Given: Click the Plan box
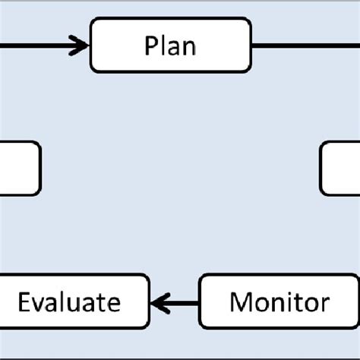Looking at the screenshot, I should [170, 46].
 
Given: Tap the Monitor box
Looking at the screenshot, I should [278, 303].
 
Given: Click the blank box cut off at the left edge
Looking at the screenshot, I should [19, 169].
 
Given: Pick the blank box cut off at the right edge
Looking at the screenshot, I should [340, 169].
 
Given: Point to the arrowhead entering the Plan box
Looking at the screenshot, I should [81, 46].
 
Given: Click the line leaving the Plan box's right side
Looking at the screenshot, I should [304, 46].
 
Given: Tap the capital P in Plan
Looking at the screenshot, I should [150, 46].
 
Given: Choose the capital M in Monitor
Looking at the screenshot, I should [240, 303].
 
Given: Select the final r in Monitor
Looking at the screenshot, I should [325, 305].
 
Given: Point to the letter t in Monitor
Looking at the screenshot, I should [297, 303].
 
